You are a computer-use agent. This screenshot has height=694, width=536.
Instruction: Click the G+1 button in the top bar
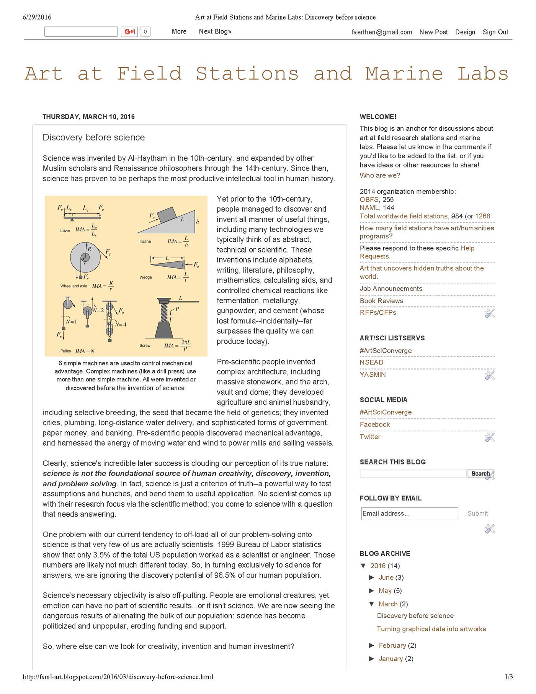click(130, 32)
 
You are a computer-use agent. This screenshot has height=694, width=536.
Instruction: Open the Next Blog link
click(215, 31)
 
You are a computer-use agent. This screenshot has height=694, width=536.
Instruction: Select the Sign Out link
click(495, 32)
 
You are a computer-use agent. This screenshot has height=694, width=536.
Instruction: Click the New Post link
click(433, 32)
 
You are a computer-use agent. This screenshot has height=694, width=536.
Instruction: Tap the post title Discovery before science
click(94, 138)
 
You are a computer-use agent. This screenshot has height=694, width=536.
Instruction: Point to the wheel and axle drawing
click(85, 257)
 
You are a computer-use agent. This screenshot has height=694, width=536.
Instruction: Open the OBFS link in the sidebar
click(369, 200)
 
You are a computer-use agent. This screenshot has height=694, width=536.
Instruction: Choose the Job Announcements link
click(391, 289)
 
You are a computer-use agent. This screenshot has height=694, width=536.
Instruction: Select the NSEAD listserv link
click(371, 362)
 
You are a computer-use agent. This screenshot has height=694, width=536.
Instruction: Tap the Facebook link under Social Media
click(375, 424)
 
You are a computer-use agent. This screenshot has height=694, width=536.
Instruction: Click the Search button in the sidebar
click(480, 474)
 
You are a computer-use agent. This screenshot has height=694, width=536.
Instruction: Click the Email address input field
click(409, 514)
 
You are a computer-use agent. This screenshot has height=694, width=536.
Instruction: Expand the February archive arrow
click(371, 645)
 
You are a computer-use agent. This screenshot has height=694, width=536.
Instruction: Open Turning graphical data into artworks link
click(431, 629)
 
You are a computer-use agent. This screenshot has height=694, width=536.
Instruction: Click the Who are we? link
click(380, 176)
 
